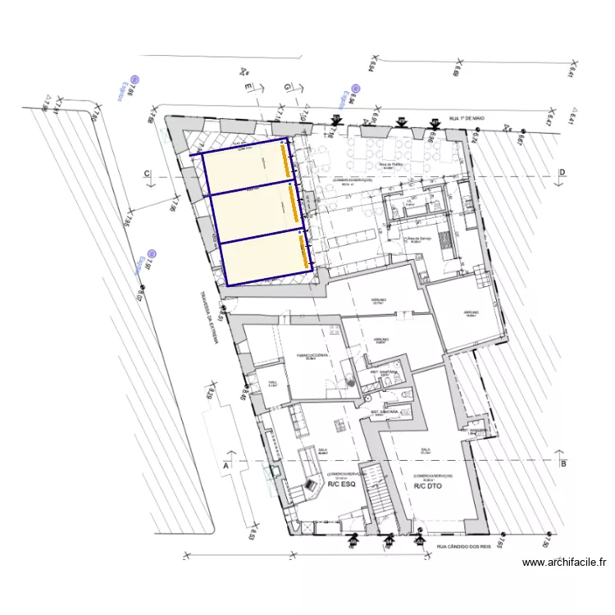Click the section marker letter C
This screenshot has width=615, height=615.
point(147,173)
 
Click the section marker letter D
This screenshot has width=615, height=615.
point(563,172)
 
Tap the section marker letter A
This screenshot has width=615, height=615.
point(225,465)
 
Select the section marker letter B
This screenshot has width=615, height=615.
point(563,464)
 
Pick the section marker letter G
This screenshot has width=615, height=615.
point(287,86)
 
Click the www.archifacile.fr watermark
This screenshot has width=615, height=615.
point(565,563)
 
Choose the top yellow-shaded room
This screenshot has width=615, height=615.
point(243,173)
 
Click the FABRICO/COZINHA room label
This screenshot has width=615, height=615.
point(311,354)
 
